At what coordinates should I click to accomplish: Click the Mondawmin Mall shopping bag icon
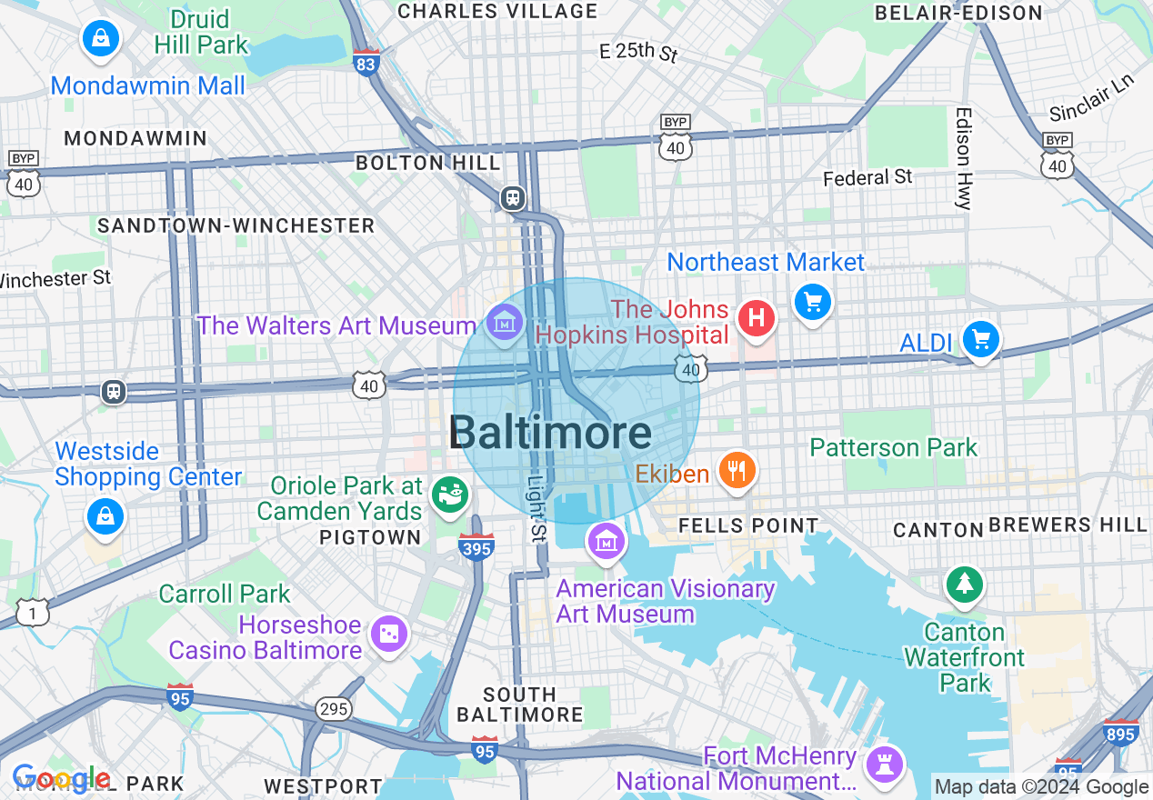click(101, 39)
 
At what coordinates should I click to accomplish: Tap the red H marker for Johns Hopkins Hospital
click(756, 319)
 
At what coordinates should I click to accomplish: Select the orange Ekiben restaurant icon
click(737, 470)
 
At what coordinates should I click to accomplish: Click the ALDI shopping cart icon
click(980, 340)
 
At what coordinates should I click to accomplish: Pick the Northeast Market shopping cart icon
click(812, 302)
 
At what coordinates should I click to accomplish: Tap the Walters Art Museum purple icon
click(503, 322)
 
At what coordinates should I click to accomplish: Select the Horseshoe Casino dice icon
click(389, 635)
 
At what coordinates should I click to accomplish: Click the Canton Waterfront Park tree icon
click(964, 584)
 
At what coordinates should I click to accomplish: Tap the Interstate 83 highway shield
click(366, 62)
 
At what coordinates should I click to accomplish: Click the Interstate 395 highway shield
click(476, 547)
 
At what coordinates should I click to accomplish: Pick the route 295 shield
click(334, 708)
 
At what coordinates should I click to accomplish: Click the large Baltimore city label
click(550, 433)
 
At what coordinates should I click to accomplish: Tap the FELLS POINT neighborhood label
click(748, 525)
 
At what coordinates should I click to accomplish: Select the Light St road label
click(536, 510)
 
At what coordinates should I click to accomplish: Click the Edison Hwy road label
click(963, 158)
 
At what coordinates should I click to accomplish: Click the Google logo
click(60, 779)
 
